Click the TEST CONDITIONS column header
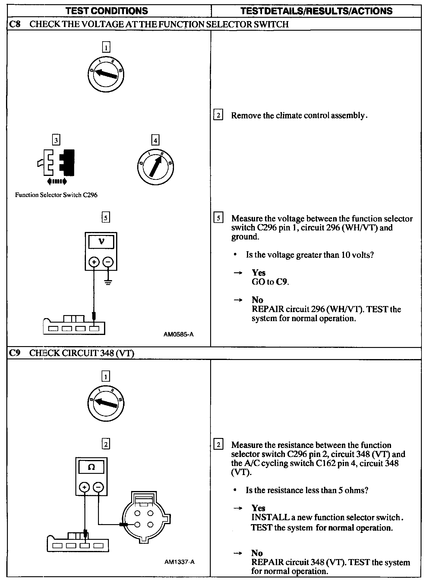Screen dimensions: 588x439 click(107, 11)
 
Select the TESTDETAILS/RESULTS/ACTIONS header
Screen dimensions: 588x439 click(317, 11)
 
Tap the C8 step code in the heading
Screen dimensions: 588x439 click(14, 24)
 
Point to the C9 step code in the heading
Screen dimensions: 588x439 click(14, 353)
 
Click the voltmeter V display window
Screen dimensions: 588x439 click(101, 242)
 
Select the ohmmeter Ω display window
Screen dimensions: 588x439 click(91, 467)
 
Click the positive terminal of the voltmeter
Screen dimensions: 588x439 click(94, 262)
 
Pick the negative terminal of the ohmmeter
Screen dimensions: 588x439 click(98, 487)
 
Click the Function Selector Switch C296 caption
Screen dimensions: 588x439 click(56, 195)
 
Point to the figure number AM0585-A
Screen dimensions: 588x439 click(178, 334)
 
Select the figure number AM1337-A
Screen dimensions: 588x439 click(179, 562)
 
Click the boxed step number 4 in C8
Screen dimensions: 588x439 click(155, 140)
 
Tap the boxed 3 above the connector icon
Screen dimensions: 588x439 click(56, 140)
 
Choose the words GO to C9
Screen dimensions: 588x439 click(270, 282)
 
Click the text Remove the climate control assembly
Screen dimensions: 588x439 click(299, 115)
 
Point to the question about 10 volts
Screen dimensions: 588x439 click(310, 255)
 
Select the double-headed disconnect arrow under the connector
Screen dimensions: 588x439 click(57, 181)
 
